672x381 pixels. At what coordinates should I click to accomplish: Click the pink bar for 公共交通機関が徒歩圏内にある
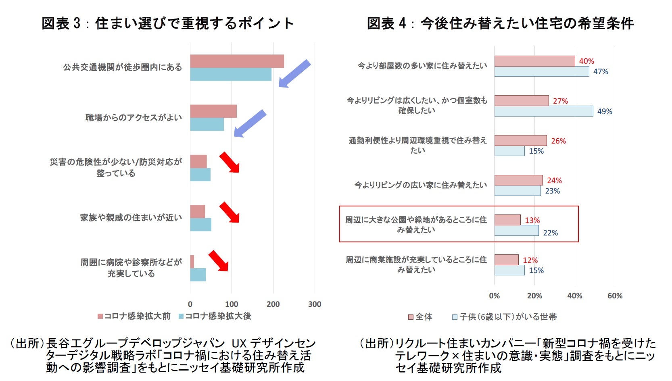click(x=237, y=61)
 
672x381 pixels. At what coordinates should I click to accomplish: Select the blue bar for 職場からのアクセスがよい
click(x=207, y=124)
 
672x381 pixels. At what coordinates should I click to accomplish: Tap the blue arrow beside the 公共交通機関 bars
click(x=294, y=74)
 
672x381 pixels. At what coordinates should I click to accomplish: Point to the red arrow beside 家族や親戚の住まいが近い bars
click(x=230, y=212)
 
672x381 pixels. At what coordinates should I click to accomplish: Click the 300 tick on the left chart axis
click(x=315, y=304)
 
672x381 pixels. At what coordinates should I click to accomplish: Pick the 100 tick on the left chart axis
click(x=232, y=304)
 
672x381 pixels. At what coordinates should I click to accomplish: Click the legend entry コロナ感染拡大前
click(x=134, y=316)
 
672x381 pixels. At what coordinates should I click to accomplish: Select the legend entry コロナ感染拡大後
click(x=215, y=316)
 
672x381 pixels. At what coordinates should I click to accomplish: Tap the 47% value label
click(x=600, y=72)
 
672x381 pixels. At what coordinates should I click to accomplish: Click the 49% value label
click(x=604, y=111)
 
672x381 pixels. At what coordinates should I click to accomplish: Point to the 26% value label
click(x=558, y=141)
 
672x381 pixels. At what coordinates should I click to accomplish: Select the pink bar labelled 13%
click(x=507, y=220)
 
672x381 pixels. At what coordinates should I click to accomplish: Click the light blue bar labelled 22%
click(x=516, y=231)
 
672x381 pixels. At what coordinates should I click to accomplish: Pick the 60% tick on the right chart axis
click(x=615, y=296)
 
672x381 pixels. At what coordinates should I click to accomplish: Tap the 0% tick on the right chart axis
click(x=494, y=296)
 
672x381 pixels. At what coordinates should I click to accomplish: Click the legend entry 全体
click(x=420, y=317)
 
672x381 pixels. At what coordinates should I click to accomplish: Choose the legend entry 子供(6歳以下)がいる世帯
click(x=505, y=317)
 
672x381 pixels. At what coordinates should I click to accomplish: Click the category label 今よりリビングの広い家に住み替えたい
click(x=421, y=185)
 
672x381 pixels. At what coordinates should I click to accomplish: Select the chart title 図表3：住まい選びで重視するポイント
click(x=167, y=23)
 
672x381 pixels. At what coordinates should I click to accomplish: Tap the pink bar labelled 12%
click(x=506, y=260)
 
